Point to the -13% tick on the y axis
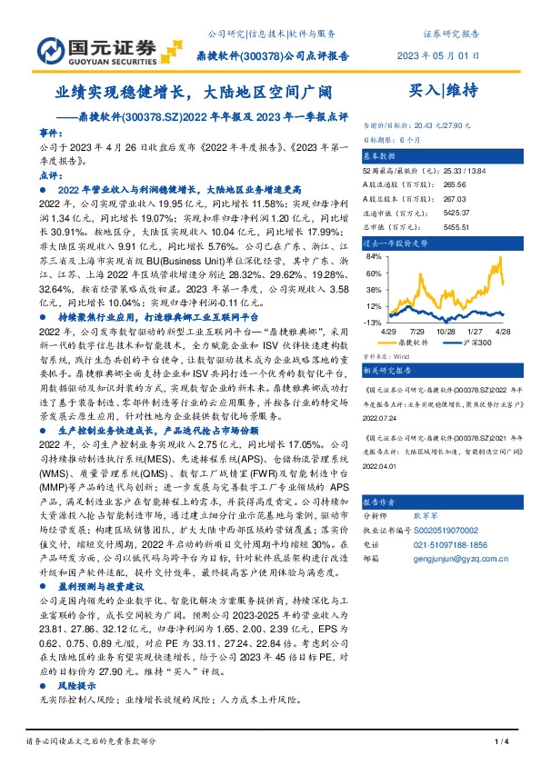pyautogui.click(x=373, y=323)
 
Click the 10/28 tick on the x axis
pyautogui.click(x=446, y=333)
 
